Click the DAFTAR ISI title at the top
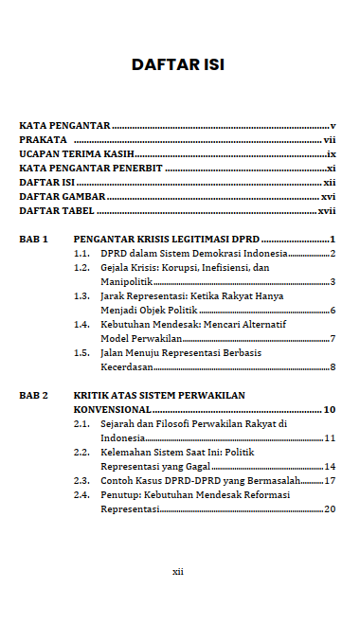tap(178, 64)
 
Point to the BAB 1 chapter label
tap(33, 240)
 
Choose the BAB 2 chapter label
tap(33, 394)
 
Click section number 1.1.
tap(82, 255)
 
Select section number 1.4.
tap(82, 325)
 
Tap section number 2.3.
tap(82, 480)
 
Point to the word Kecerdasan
tap(126, 366)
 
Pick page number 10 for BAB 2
tap(330, 409)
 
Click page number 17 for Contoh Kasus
tap(331, 480)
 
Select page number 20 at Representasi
tap(331, 508)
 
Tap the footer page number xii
tap(177, 571)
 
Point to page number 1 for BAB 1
tap(333, 240)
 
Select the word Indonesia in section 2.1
tap(122, 437)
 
